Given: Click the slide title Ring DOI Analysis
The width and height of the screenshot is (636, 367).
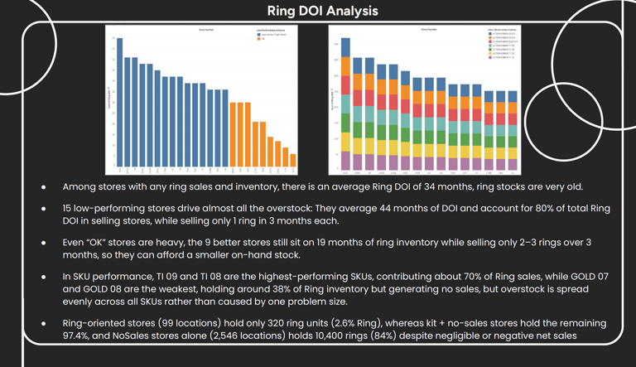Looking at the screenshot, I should point(323,11).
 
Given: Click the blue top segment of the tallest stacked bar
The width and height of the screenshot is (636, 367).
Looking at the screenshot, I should point(345,47).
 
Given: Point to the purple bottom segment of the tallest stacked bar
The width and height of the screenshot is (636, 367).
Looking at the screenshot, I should point(345,162).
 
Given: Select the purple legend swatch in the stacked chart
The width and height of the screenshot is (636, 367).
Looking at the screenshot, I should point(489,57).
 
